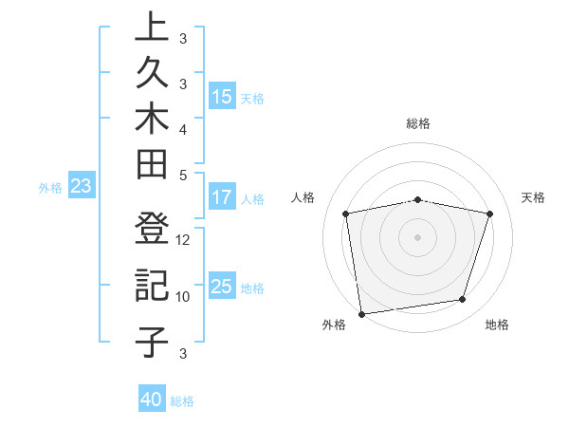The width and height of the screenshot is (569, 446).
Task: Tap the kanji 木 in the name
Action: (x=152, y=122)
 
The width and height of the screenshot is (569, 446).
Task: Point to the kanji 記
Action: (x=152, y=286)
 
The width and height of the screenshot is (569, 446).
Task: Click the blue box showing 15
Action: (x=222, y=96)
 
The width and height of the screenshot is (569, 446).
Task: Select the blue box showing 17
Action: (x=222, y=197)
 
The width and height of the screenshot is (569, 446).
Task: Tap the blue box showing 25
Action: (x=222, y=287)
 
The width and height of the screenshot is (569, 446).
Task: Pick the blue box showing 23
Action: (x=81, y=186)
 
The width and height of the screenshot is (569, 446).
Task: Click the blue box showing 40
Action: (x=152, y=400)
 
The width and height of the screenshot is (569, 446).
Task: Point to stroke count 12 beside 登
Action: (x=184, y=240)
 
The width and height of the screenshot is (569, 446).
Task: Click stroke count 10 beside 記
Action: (x=184, y=296)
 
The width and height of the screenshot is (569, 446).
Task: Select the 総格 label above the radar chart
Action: (x=418, y=123)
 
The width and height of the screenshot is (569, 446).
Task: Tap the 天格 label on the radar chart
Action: (x=534, y=197)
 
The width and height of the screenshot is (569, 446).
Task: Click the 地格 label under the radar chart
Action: (x=497, y=325)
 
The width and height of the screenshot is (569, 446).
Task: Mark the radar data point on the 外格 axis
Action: (x=361, y=313)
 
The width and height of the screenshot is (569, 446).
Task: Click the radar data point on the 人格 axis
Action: (x=346, y=214)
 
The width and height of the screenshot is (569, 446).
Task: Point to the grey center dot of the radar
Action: (x=418, y=237)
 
